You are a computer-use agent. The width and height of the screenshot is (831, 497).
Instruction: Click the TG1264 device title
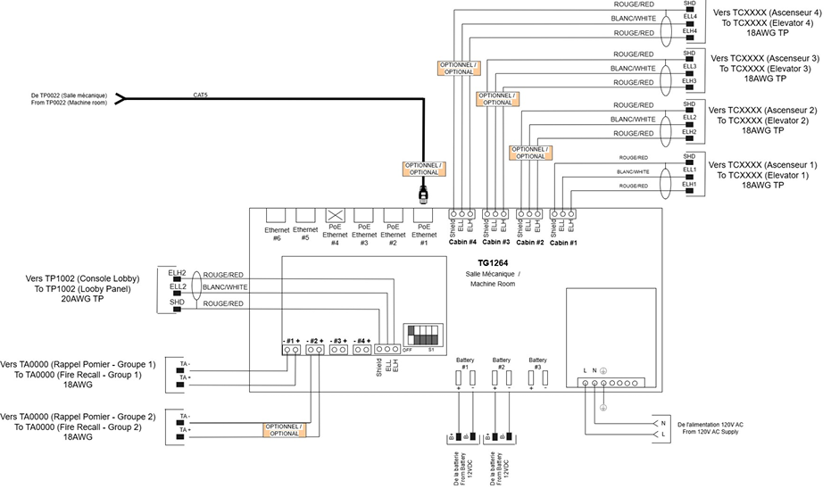[x=494, y=262]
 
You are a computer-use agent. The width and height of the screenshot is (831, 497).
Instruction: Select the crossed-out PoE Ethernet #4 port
[x=336, y=215]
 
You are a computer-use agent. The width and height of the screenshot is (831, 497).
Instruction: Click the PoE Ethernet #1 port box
[x=424, y=215]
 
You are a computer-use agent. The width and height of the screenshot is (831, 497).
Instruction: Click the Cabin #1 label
[x=564, y=242]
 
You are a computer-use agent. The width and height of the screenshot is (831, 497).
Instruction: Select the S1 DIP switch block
[x=423, y=335]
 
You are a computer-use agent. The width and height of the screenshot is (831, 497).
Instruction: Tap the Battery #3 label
[x=537, y=363]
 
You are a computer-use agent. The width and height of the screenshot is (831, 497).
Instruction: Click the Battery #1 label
[x=465, y=363]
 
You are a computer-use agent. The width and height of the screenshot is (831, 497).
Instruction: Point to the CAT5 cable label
[x=201, y=94]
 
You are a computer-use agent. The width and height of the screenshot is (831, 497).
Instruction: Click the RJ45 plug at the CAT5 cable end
[x=424, y=192]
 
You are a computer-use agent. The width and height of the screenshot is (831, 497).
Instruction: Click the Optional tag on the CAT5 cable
[x=423, y=169]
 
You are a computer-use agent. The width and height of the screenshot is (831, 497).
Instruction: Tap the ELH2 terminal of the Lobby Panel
[x=177, y=272]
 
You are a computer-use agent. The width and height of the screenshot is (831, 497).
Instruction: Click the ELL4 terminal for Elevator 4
[x=689, y=16]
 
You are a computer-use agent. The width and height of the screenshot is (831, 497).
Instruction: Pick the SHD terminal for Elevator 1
[x=689, y=155]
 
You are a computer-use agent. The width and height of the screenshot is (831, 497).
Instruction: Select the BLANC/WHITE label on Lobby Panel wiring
[x=225, y=287]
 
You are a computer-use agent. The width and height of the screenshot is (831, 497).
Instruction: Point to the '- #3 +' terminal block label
[x=337, y=341]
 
